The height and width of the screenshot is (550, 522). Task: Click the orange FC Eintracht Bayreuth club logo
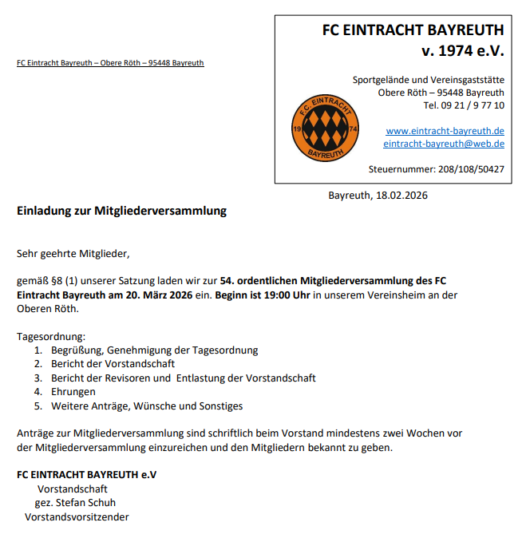pos(326,128)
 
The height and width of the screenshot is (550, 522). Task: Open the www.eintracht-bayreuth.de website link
pos(445,131)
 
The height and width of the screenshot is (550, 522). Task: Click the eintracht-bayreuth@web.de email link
pos(443,144)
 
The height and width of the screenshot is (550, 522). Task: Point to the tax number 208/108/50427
pos(471,169)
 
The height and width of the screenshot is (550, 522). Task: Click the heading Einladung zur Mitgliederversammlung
pos(122,212)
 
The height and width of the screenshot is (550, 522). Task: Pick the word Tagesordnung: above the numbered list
pos(51,337)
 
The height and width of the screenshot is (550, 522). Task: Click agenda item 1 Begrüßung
pos(154,350)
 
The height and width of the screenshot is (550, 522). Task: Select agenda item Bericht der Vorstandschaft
pos(113,364)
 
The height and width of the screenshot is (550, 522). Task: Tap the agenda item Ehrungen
pos(73,392)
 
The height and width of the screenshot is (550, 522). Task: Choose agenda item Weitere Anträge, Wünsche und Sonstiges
pos(147,406)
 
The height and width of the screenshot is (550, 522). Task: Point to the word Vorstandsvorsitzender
pos(77,516)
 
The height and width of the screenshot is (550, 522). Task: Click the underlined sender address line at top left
pos(110,62)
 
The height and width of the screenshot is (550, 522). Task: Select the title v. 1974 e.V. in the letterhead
pos(463,52)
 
